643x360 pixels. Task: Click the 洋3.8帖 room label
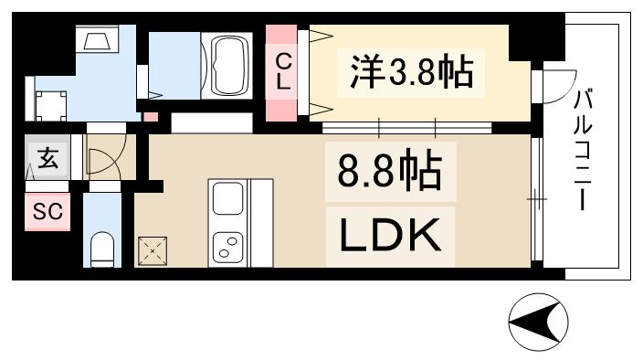(x=410, y=70)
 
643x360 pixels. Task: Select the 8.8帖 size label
(x=391, y=171)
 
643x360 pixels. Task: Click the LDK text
(x=391, y=235)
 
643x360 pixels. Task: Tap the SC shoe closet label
(x=47, y=212)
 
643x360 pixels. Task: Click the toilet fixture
(x=101, y=248)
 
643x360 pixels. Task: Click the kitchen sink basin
(x=226, y=198)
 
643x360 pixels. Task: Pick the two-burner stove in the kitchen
(x=226, y=245)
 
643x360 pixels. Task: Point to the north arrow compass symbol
(x=538, y=321)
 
